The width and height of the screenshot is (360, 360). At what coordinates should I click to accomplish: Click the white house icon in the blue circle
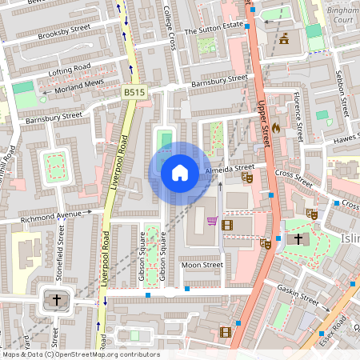[x=180, y=173]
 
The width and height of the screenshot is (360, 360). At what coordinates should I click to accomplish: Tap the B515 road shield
[x=135, y=93]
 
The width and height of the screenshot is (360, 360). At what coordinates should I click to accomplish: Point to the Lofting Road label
[x=70, y=70]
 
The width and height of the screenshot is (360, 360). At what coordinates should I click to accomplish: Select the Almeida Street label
[x=230, y=169]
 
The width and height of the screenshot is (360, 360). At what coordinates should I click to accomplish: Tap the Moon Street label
[x=202, y=265]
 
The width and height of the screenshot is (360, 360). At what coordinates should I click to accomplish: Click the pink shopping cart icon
[x=212, y=221]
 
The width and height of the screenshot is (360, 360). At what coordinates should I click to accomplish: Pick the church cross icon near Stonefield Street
[x=56, y=301]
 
